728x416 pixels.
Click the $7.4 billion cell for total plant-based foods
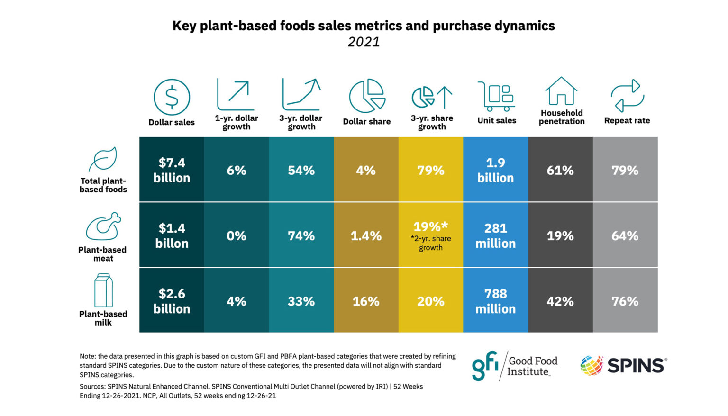coord(172,170)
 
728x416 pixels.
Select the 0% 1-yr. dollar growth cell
coord(236,235)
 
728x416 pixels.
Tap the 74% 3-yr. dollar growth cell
coord(301,235)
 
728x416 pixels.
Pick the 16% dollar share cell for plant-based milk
coord(366,301)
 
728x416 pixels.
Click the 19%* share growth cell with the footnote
coord(430,235)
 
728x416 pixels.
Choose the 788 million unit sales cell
coord(495,301)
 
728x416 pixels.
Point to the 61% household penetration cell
coord(560,170)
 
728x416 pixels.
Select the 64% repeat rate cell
coord(625,235)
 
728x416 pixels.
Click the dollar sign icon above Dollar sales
coord(172,97)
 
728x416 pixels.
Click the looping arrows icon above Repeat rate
coord(627,96)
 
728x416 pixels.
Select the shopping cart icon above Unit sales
coord(496,96)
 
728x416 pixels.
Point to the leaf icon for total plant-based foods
coord(103,159)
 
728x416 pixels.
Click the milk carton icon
coord(103,290)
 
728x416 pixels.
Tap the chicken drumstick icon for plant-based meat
coord(103,226)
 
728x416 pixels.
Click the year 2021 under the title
coord(364,42)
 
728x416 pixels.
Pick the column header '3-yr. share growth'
coord(432,122)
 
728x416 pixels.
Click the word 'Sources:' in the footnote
coord(92,387)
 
